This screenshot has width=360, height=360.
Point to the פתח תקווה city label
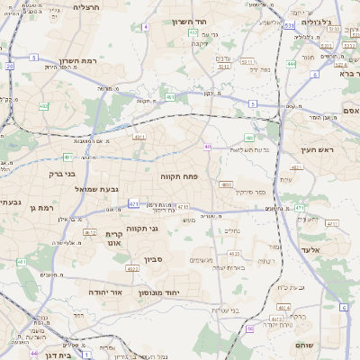click(x=178, y=177)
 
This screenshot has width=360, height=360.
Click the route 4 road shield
click(x=145, y=27)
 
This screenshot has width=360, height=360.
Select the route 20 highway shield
click(x=9, y=66)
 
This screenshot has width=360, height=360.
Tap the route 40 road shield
click(x=207, y=147)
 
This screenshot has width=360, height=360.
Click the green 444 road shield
click(x=291, y=64)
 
